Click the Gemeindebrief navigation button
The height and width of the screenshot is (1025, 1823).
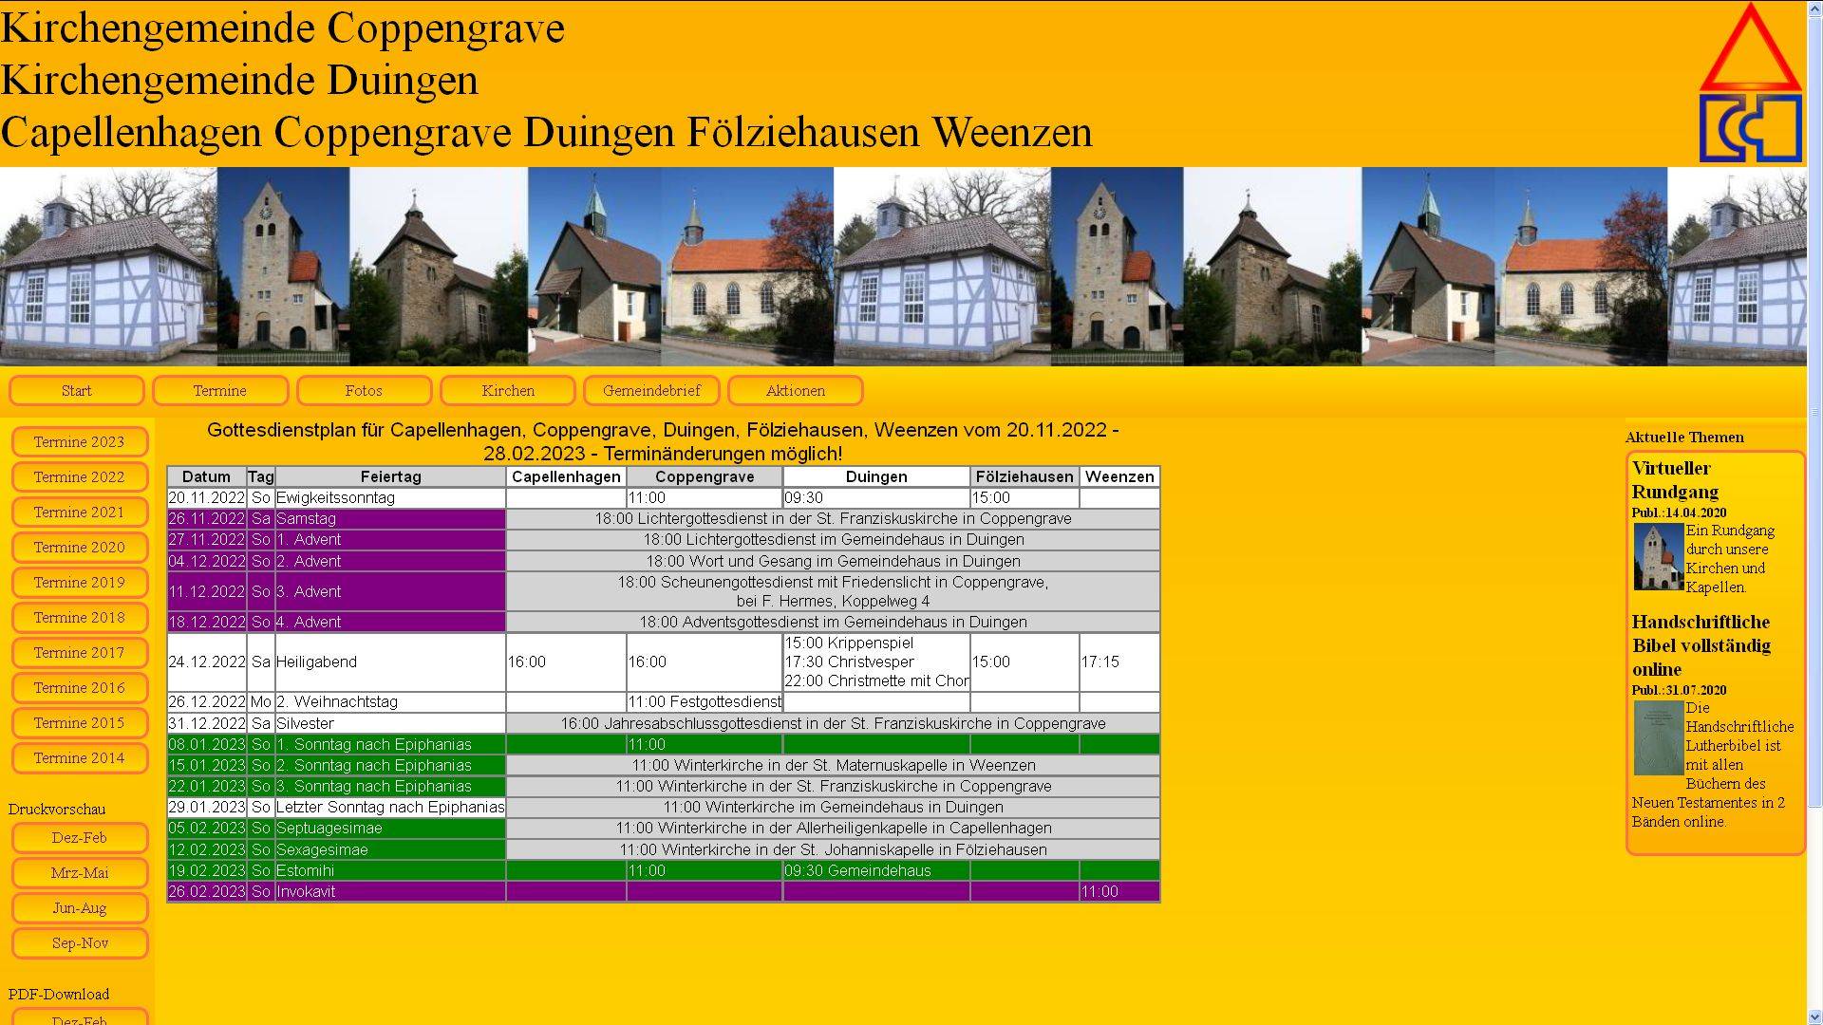pyautogui.click(x=651, y=391)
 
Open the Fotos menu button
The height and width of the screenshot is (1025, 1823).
pyautogui.click(x=364, y=391)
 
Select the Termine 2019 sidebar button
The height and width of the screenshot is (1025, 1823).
pyautogui.click(x=80, y=583)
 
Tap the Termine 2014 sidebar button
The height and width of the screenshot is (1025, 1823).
pyautogui.click(x=80, y=758)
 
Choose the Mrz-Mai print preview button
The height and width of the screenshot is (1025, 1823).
pyautogui.click(x=80, y=873)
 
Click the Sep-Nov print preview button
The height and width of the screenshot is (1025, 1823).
pyautogui.click(x=80, y=943)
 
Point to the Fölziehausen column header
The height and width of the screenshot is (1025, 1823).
pyautogui.click(x=1024, y=476)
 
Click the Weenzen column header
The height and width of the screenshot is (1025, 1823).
pyautogui.click(x=1118, y=476)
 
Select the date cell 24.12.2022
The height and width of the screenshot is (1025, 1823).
pyautogui.click(x=206, y=662)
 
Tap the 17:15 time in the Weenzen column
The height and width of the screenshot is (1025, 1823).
pyautogui.click(x=1099, y=662)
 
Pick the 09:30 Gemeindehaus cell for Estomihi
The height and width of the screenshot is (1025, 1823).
pyautogui.click(x=857, y=870)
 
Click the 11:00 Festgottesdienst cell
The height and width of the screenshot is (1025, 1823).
pyautogui.click(x=704, y=702)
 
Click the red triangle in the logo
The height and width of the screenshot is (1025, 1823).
pyautogui.click(x=1750, y=52)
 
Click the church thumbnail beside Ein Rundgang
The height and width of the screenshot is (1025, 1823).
pyautogui.click(x=1658, y=557)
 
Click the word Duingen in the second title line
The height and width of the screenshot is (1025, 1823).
pyautogui.click(x=403, y=81)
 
